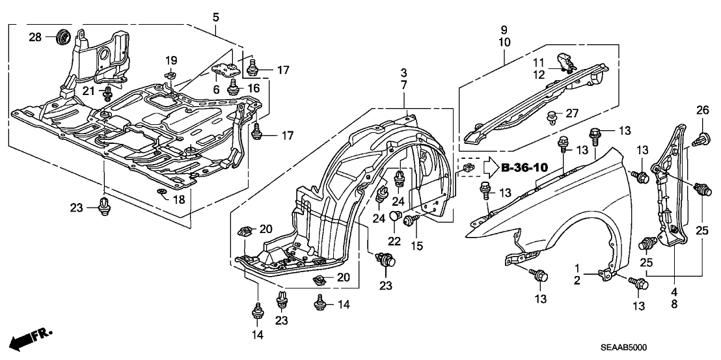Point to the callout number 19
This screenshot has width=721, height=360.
[170, 61]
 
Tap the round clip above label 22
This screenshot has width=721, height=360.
[394, 216]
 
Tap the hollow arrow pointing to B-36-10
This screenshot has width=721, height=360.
[489, 169]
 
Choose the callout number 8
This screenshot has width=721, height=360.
[673, 303]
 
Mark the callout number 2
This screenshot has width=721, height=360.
[577, 281]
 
